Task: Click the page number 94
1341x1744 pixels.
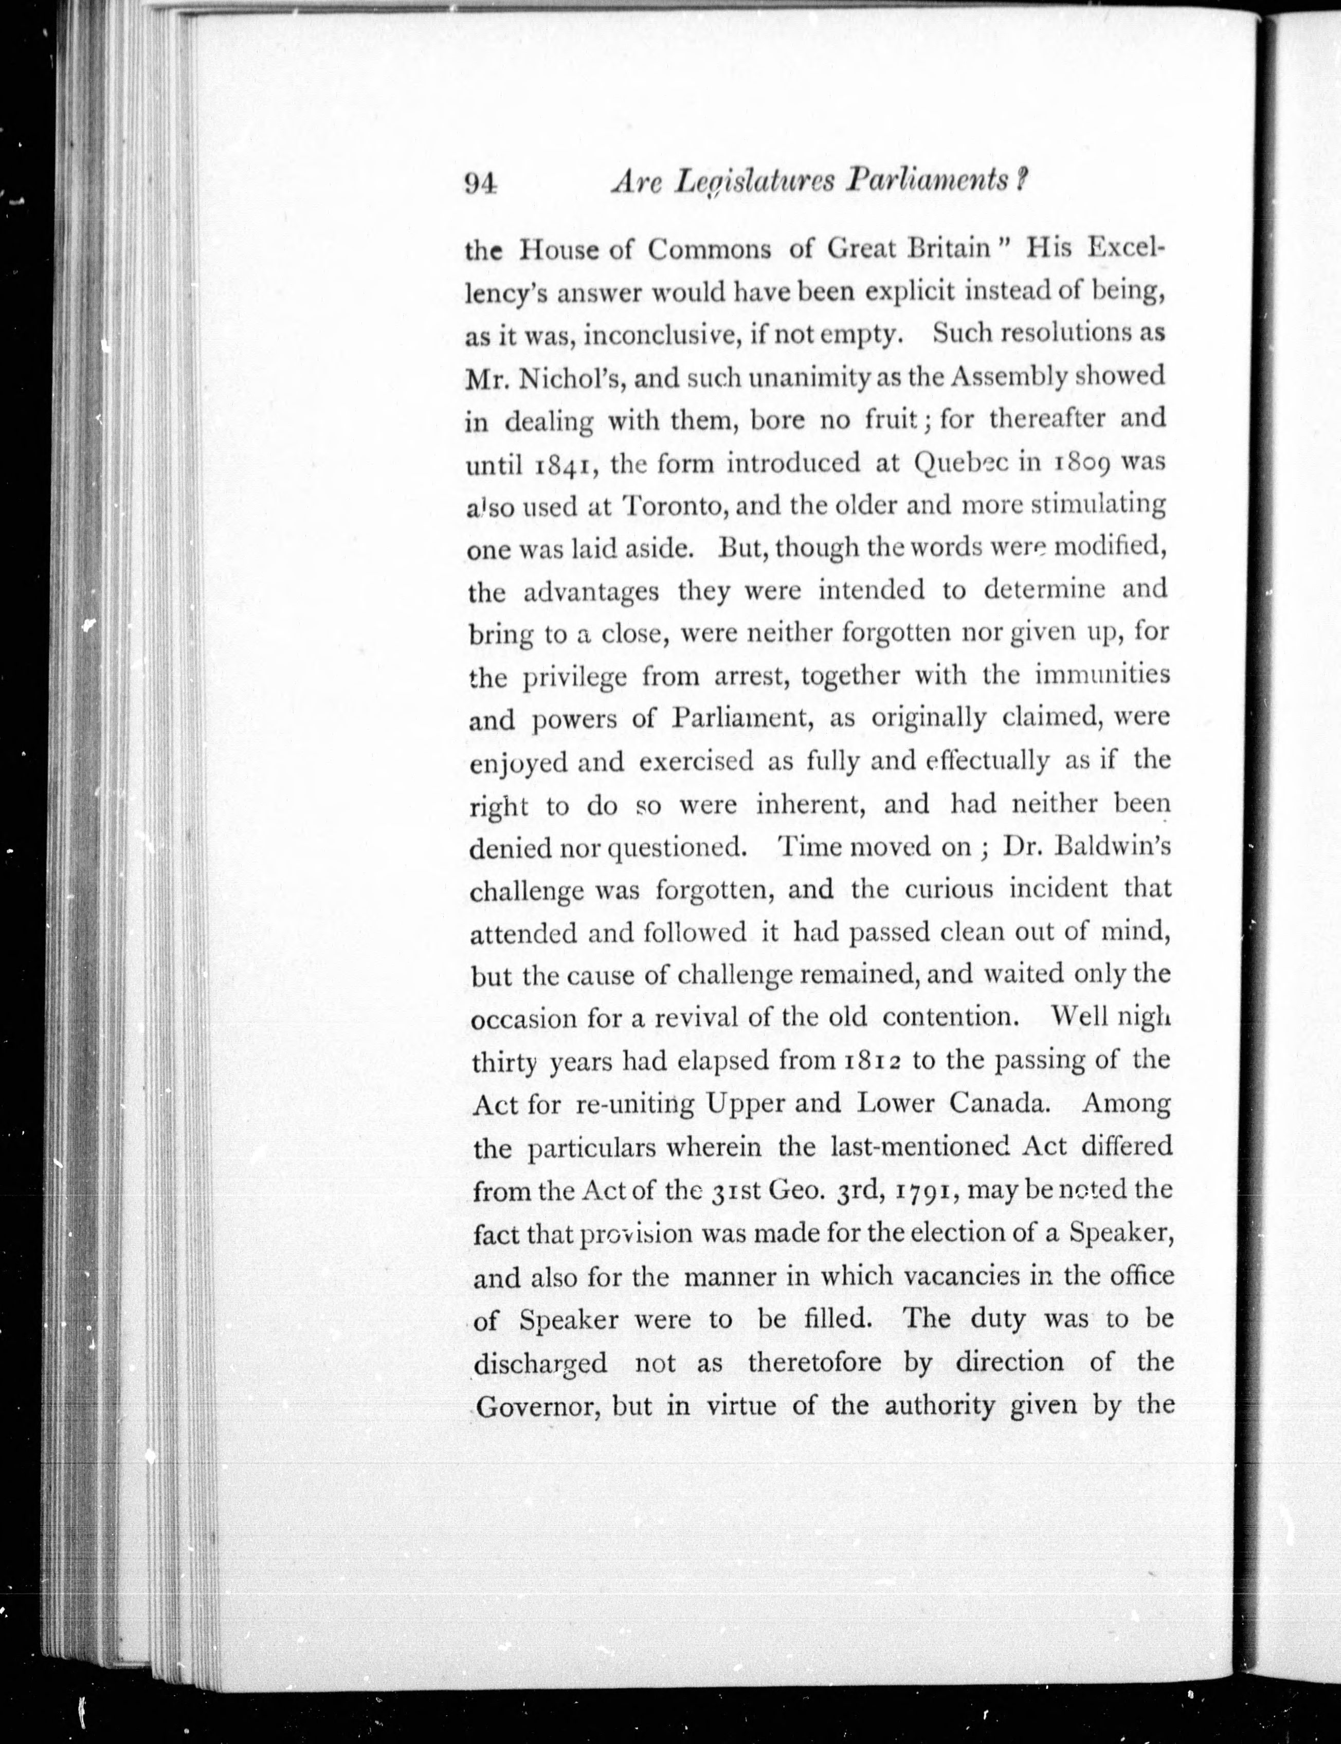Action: pos(481,185)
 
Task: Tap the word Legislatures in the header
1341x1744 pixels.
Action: pos(754,183)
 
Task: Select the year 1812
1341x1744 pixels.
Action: pos(871,1062)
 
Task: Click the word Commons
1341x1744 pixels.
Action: pos(710,250)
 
